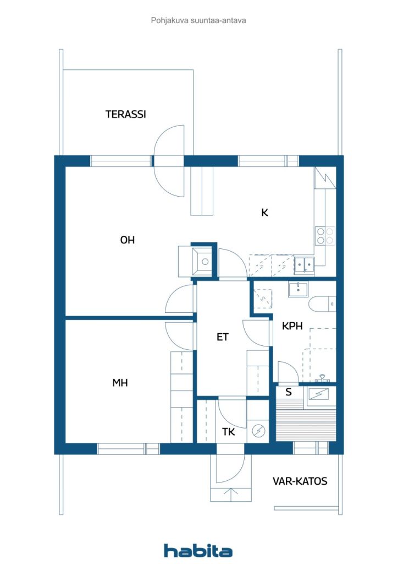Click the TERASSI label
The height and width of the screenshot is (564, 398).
(x=125, y=115)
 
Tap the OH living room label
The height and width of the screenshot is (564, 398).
(x=128, y=240)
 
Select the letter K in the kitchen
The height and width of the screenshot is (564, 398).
(x=264, y=213)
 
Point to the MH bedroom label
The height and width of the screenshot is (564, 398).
(x=120, y=383)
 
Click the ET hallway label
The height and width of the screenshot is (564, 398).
(x=222, y=337)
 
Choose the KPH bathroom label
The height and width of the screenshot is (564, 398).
(x=292, y=326)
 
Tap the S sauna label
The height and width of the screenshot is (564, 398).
(x=288, y=393)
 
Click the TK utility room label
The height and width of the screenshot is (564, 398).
(x=228, y=432)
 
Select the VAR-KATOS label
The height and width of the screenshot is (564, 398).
(x=300, y=481)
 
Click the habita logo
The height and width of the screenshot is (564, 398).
(x=198, y=550)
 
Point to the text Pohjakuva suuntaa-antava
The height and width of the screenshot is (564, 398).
(x=198, y=20)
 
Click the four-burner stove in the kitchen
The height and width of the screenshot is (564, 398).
(x=324, y=236)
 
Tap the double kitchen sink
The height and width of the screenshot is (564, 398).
(x=303, y=265)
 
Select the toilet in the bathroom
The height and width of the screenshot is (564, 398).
(x=322, y=303)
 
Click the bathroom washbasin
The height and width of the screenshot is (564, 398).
(x=298, y=289)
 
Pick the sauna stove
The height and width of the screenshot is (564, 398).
(x=319, y=394)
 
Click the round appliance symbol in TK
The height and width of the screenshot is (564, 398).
(x=258, y=431)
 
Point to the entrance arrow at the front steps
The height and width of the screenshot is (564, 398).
(x=231, y=494)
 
